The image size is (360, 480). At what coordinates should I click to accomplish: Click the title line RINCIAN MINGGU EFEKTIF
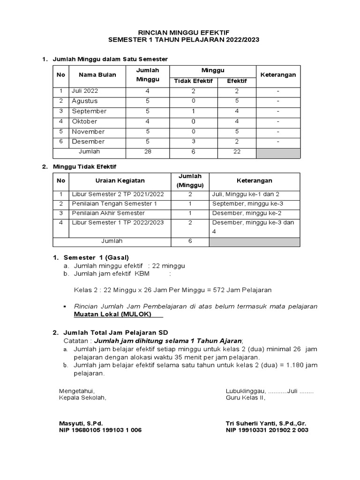(x=183, y=32)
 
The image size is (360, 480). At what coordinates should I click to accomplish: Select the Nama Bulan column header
(x=97, y=75)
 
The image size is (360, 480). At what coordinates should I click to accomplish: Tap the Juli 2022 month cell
(x=85, y=91)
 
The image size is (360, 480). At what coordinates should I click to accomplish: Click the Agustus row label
(x=85, y=101)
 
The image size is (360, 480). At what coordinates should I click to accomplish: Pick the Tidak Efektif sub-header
(x=193, y=81)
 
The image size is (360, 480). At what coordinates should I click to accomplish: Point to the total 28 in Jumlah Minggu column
(x=148, y=152)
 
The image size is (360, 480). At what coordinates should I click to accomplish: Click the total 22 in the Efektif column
(x=237, y=152)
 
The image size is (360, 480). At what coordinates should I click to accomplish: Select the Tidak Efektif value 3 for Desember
(x=193, y=142)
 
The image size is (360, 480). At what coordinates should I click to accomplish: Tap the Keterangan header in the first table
(x=278, y=75)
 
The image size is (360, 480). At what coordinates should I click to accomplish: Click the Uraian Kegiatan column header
(x=120, y=180)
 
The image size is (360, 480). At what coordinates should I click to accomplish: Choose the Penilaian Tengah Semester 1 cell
(x=114, y=204)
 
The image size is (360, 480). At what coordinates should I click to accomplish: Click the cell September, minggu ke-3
(x=247, y=204)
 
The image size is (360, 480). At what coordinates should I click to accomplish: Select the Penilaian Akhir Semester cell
(x=108, y=213)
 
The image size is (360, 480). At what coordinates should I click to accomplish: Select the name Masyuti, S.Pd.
(x=81, y=423)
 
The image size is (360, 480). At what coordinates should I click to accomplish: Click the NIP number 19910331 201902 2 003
(x=276, y=430)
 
